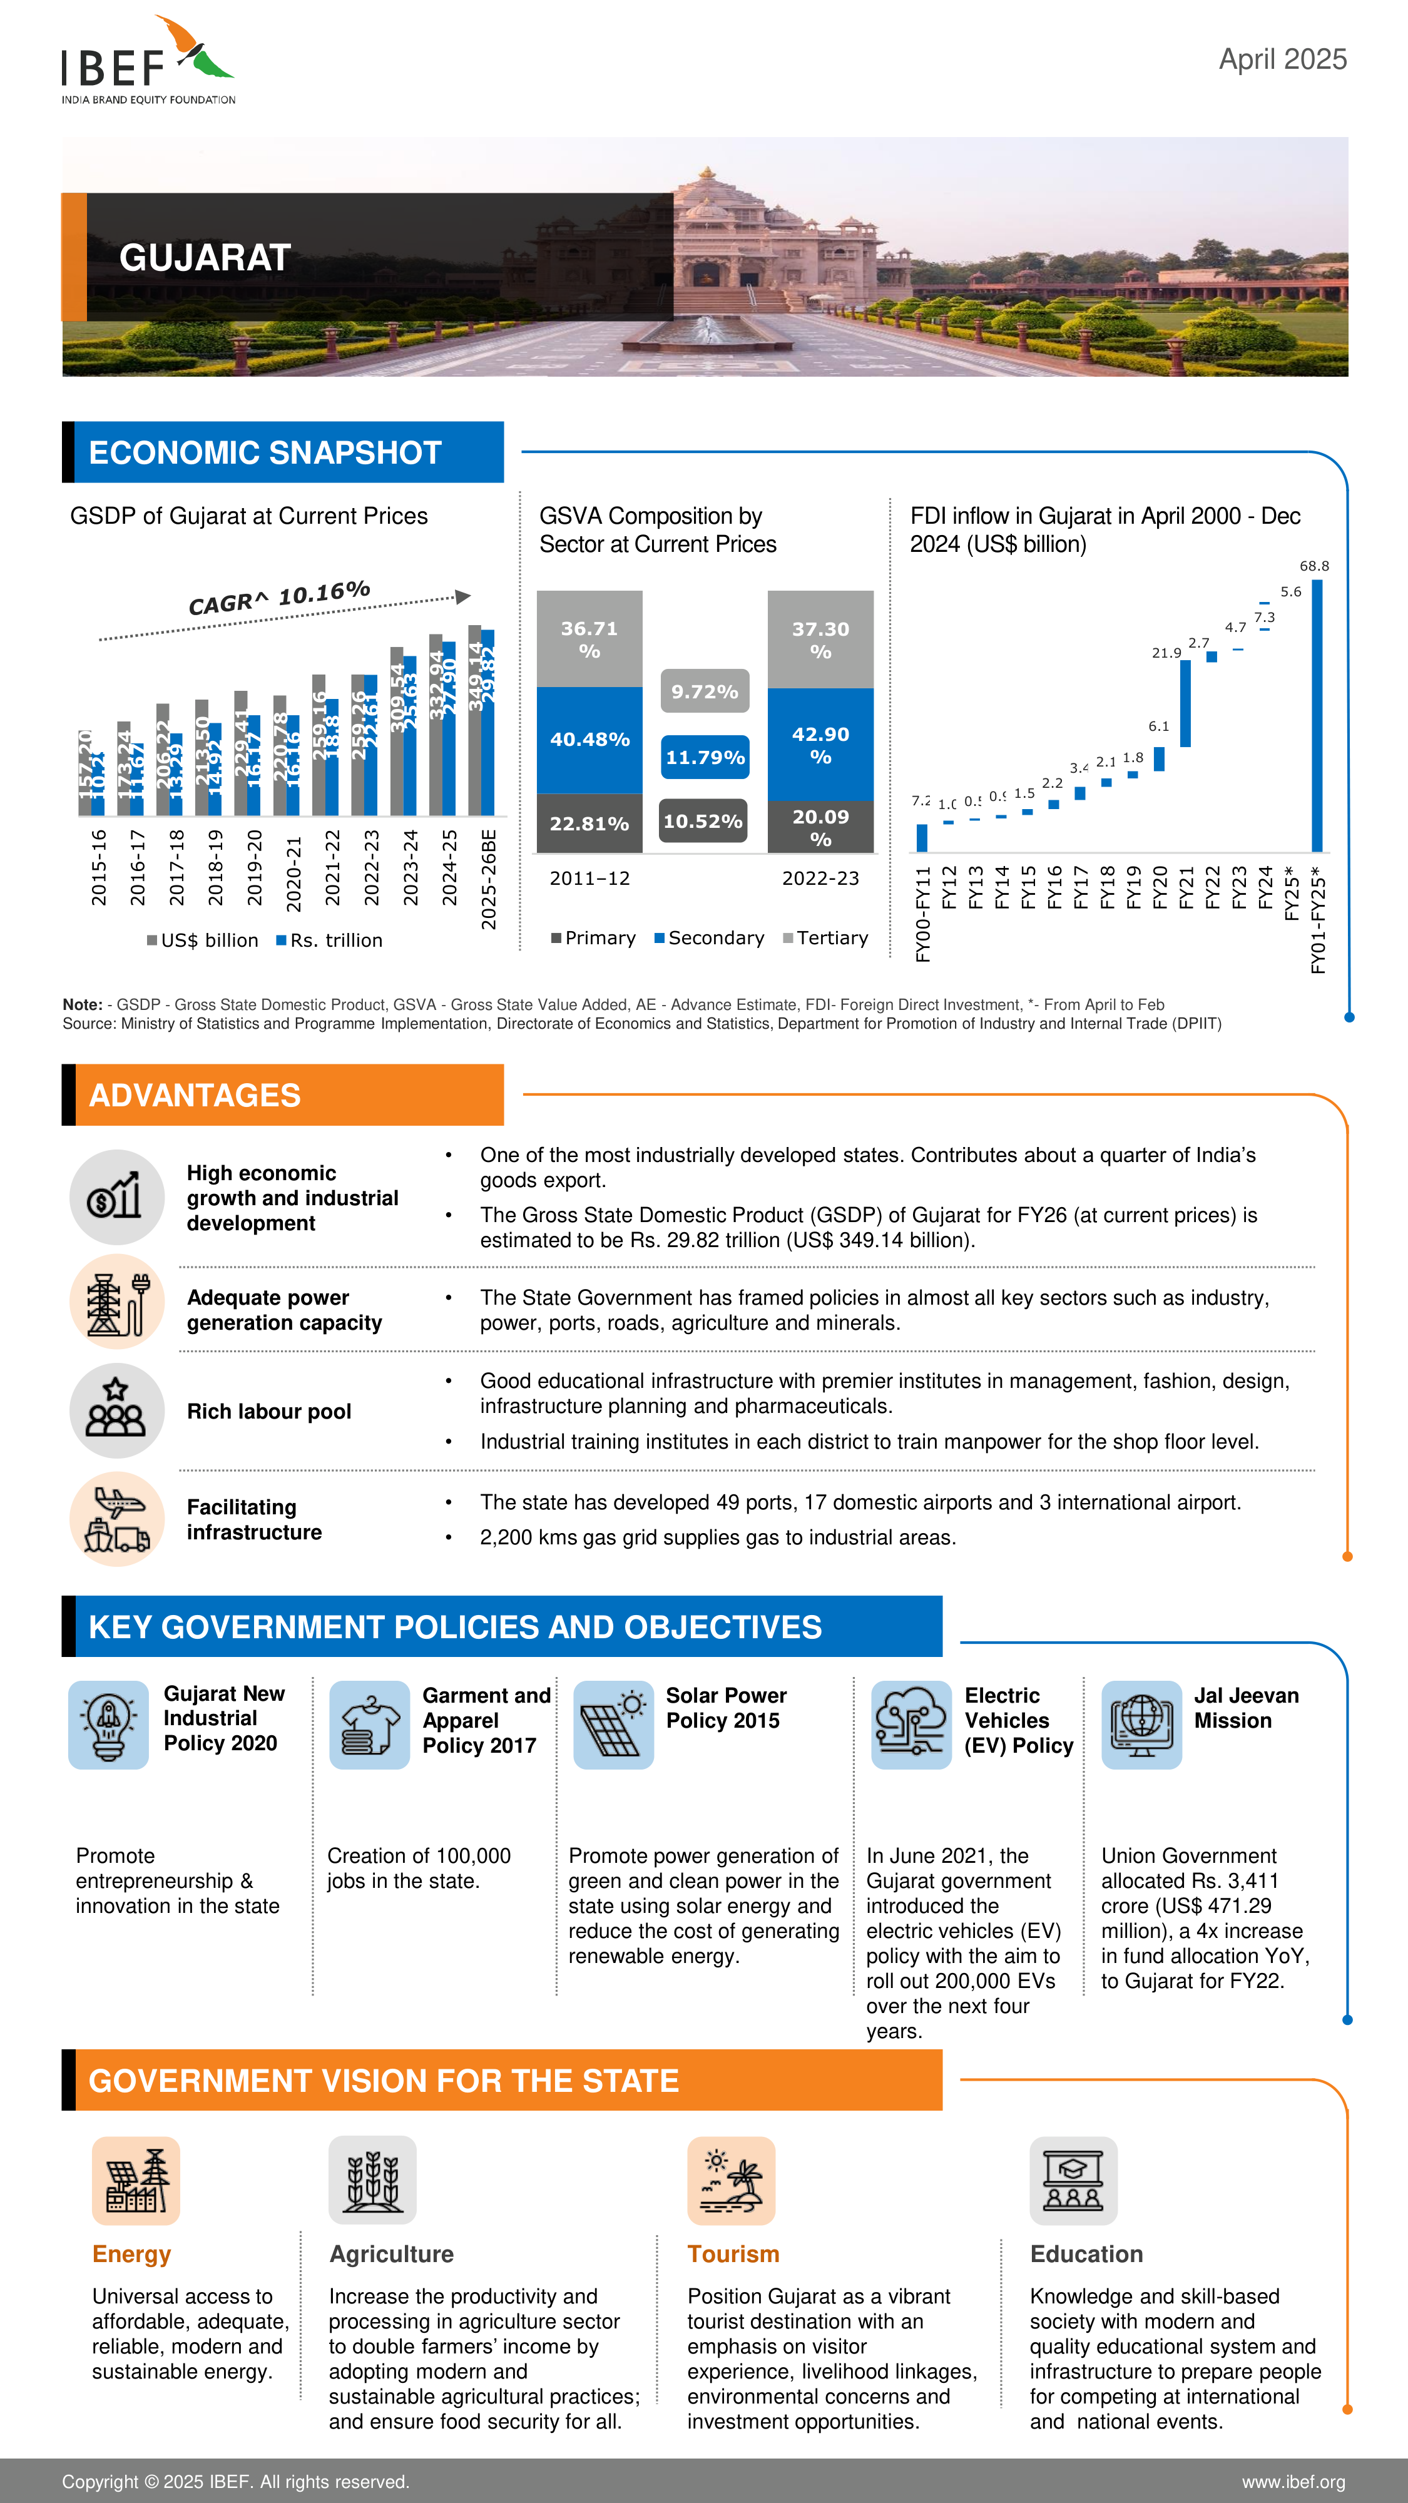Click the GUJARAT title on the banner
coord(205,257)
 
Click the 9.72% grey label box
coord(705,691)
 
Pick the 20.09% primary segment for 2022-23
coord(820,827)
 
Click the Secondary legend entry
coord(710,937)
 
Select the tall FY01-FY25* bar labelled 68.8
coord(1317,715)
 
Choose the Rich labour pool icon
coord(116,1411)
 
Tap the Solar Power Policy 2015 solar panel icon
coord(613,1725)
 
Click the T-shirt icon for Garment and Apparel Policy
coord(369,1725)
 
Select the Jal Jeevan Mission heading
coord(1246,1707)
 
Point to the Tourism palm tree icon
coord(731,2180)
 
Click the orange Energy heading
coord(131,2253)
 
